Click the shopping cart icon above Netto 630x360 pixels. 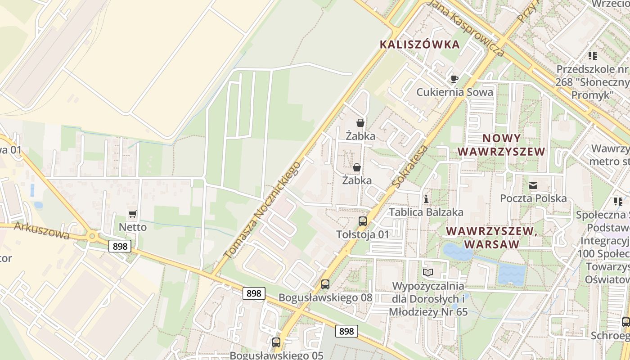point(132,214)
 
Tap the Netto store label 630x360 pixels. point(133,227)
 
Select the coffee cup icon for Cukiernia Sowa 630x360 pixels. point(454,79)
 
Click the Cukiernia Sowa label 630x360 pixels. point(454,92)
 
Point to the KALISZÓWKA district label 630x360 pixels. point(420,45)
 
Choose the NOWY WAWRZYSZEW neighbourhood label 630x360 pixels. point(501,145)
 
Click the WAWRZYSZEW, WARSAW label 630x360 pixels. point(492,238)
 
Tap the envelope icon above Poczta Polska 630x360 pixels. point(533,185)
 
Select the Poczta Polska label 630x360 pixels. point(533,198)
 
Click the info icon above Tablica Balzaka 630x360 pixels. point(426,199)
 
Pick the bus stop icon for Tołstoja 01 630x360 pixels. point(362,221)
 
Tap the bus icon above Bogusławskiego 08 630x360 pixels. point(325,284)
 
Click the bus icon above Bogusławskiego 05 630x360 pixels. point(276,342)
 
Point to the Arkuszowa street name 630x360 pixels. point(41,230)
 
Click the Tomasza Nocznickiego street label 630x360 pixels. point(262,210)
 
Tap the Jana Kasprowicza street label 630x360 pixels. point(466,28)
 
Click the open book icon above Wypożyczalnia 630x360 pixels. point(427,273)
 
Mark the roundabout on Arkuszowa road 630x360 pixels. point(93,235)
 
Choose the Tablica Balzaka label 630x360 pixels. point(426,212)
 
